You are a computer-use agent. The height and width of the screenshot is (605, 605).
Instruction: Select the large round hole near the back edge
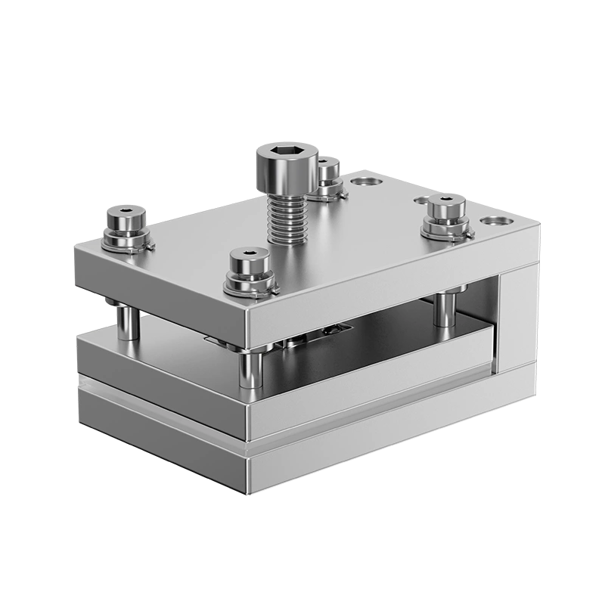click(368, 182)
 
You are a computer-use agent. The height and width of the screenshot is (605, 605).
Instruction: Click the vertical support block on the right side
click(517, 318)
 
